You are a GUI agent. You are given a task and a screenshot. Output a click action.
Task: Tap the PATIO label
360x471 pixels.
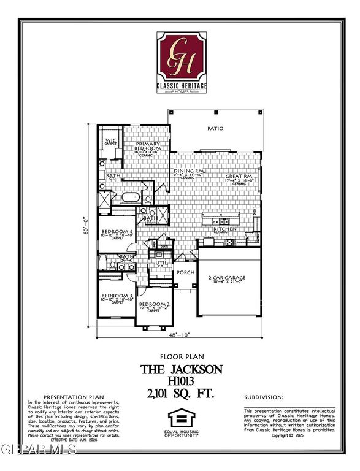click(215, 129)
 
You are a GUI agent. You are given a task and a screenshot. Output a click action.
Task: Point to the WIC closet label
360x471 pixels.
click(111, 141)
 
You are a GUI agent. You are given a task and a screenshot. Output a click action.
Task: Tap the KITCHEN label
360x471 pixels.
click(224, 229)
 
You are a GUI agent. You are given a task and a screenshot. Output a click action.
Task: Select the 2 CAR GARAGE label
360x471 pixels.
click(228, 278)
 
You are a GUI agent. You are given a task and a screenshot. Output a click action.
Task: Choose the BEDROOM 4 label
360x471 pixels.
click(117, 231)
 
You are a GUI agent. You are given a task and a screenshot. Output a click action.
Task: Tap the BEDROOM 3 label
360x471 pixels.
click(117, 296)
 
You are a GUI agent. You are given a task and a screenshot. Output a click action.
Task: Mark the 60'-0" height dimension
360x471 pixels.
click(88, 228)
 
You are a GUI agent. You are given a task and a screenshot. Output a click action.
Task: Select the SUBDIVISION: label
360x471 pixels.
click(264, 397)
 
